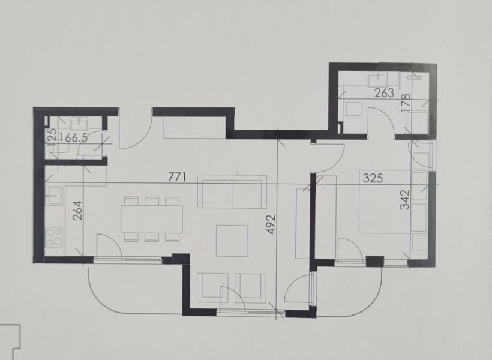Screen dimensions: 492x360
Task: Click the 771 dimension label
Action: (x=177, y=178)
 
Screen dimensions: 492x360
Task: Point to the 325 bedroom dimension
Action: (x=373, y=178)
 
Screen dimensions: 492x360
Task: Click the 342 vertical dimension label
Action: (x=405, y=200)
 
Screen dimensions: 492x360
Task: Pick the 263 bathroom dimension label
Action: (x=385, y=92)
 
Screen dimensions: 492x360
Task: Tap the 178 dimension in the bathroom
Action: (x=406, y=101)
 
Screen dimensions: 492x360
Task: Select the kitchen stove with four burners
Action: (x=54, y=236)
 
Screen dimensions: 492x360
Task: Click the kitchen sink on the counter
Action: (x=54, y=195)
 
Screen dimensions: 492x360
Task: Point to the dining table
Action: (x=152, y=220)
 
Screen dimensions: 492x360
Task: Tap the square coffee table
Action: (x=232, y=241)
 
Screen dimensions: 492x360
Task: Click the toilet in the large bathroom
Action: (x=353, y=109)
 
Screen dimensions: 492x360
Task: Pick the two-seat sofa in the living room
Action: (x=232, y=192)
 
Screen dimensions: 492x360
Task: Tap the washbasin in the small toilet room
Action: (x=80, y=124)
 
